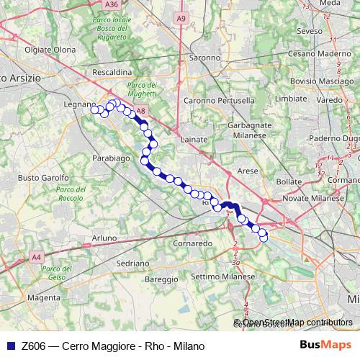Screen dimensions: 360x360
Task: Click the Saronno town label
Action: pos(204,57)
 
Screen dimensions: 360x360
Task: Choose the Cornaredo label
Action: pos(192,244)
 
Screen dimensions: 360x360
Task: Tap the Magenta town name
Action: pos(43,297)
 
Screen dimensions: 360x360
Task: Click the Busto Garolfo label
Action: pos(42,177)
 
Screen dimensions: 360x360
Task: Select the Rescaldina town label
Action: pos(112,73)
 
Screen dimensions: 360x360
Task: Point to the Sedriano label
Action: pos(130,264)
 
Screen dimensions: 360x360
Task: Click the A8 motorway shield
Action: pos(141,111)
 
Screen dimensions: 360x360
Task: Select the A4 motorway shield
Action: pos(37,256)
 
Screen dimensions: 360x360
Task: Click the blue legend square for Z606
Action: pos(9,346)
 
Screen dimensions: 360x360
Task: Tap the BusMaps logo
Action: pos(325,345)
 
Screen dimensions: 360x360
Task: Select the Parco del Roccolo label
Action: pos(71,194)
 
